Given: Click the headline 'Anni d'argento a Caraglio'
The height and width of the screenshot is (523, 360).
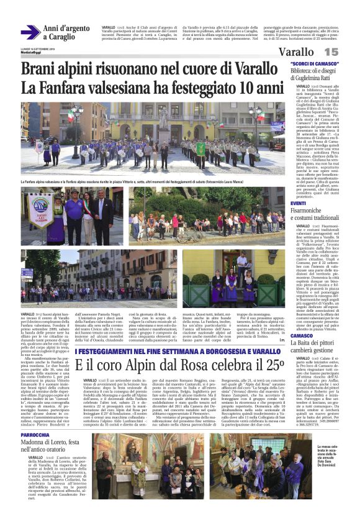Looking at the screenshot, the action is tap(68, 33).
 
